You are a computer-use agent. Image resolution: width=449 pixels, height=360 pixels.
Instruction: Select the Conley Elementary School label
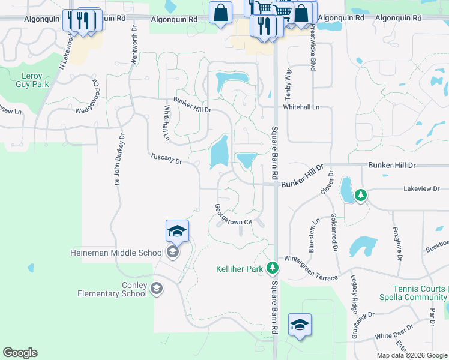112,289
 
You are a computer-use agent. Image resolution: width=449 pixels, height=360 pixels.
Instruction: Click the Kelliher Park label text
240,269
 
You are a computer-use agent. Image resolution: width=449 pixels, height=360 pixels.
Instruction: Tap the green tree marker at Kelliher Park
273,267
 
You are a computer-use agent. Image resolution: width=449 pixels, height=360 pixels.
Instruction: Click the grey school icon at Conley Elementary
157,289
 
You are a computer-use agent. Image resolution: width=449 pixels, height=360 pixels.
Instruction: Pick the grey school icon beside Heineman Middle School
172,252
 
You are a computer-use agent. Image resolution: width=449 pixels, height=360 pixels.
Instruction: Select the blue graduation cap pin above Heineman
178,231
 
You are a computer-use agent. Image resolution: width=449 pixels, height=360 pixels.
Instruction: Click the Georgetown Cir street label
232,215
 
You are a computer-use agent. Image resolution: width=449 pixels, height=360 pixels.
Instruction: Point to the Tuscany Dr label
166,159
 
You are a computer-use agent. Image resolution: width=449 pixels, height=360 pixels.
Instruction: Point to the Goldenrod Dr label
334,232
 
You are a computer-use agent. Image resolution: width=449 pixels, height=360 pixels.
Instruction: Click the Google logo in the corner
20,353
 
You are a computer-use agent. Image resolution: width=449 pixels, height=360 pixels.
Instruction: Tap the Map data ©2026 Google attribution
411,355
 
